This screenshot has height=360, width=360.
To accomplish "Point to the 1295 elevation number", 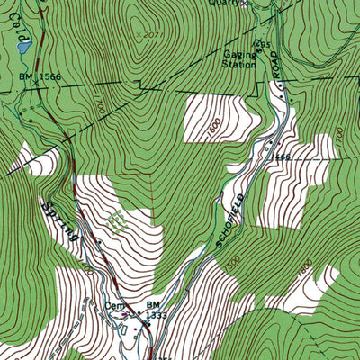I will coord(262,44).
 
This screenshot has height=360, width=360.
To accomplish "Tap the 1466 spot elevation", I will coord(280,157).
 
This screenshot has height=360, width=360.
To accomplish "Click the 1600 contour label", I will coord(212,130).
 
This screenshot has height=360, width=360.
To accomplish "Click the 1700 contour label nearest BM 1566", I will coord(97,110).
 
